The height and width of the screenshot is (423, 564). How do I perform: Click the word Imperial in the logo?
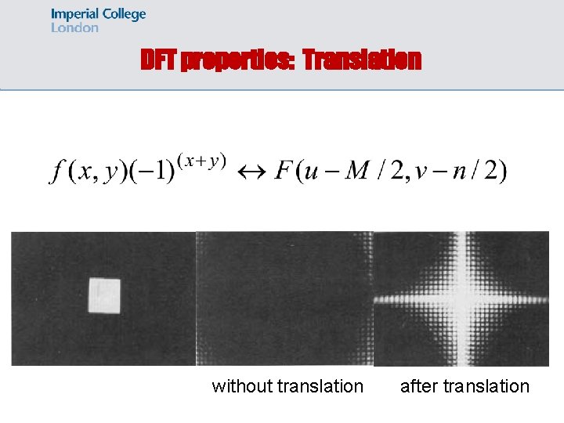[x=74, y=14]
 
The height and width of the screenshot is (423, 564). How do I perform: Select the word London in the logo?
[x=74, y=27]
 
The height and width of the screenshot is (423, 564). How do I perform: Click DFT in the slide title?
[x=158, y=60]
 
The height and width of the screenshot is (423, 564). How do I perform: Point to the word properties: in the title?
[x=237, y=60]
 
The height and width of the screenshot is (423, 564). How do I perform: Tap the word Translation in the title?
[x=361, y=60]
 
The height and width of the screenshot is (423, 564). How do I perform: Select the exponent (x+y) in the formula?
[x=201, y=160]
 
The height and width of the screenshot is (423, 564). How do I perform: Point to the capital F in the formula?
[x=283, y=171]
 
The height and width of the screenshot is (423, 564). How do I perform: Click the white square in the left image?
[x=103, y=296]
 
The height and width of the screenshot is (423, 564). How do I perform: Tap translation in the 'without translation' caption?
[x=320, y=386]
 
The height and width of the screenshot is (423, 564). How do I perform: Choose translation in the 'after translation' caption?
[x=486, y=386]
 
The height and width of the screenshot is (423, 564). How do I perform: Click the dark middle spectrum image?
[x=284, y=298]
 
